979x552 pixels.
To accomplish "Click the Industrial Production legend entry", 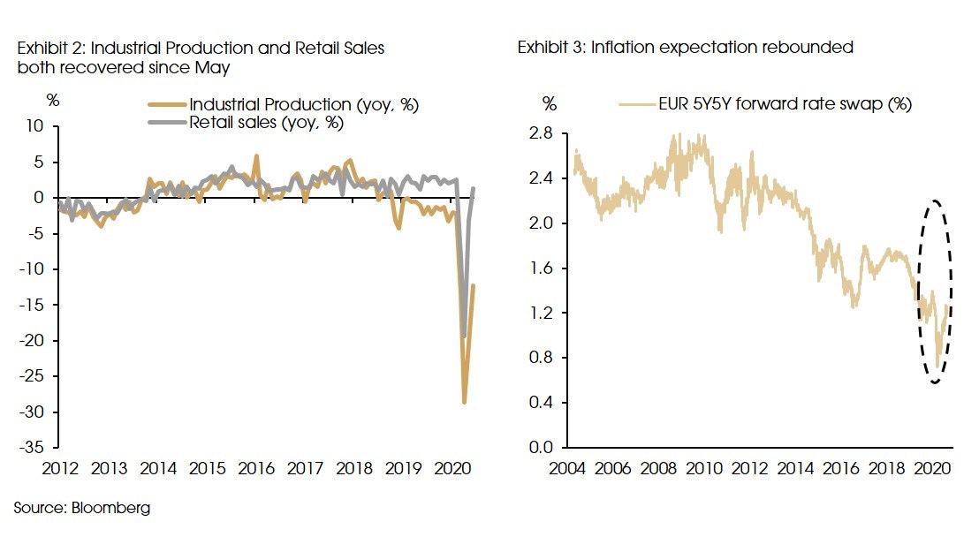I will pos(303,105).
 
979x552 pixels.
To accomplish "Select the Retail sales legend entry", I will pos(266,123).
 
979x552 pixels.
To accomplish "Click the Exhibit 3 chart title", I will pos(685,48).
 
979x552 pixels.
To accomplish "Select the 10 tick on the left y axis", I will pos(34,126).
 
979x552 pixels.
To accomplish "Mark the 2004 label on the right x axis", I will pos(567,468).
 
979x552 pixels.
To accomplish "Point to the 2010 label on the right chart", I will pos(704,468).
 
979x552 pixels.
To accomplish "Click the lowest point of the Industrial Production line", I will pos(464,403).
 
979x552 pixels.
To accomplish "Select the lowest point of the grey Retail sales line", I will pos(464,336).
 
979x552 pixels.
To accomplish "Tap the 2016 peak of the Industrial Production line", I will pos(256,156).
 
